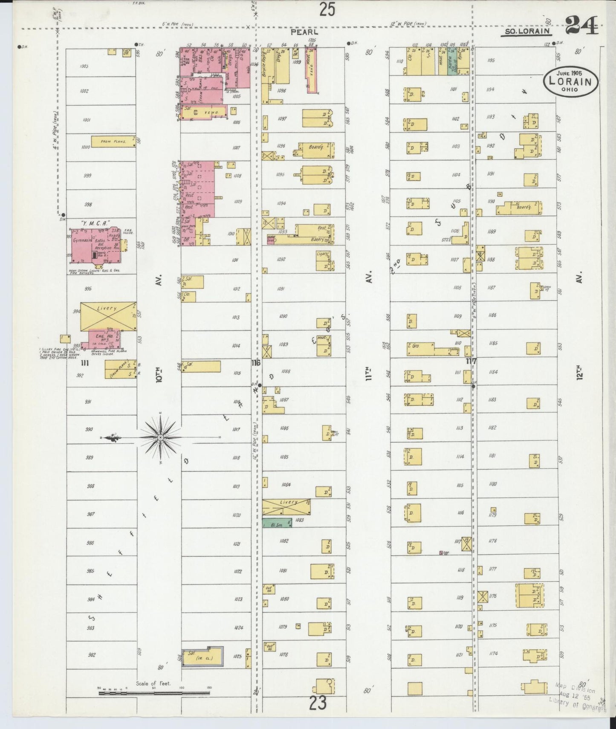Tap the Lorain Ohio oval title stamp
(x=570, y=80)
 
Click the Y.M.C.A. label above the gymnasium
(x=95, y=223)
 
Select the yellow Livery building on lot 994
(x=108, y=316)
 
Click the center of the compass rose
(x=160, y=438)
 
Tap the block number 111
(x=85, y=363)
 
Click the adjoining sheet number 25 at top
(x=327, y=9)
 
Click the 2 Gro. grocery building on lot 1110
(x=420, y=349)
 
